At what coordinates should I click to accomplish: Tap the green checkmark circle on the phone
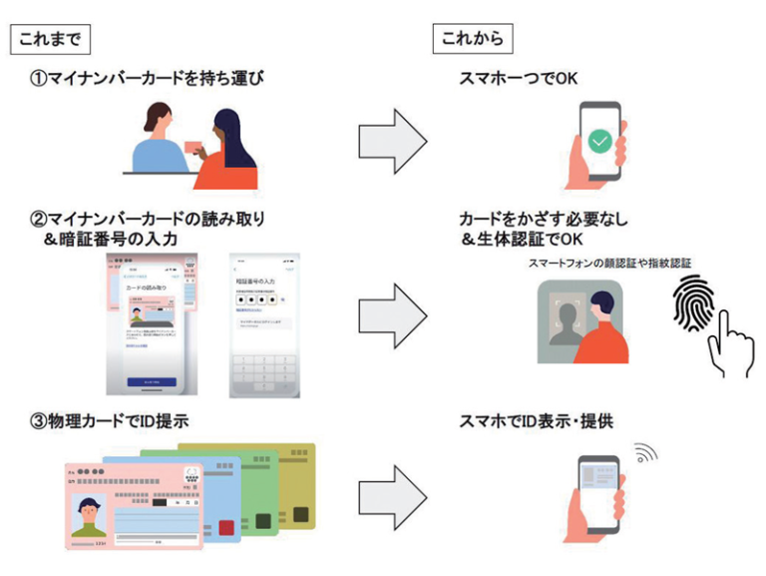(598, 142)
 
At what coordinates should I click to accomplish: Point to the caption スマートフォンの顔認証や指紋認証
(609, 263)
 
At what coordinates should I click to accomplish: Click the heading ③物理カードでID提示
(110, 422)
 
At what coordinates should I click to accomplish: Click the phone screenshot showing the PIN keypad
(264, 324)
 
